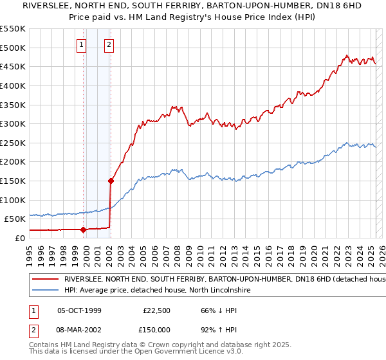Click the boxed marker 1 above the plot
tap(82, 45)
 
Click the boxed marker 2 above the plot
tap(109, 45)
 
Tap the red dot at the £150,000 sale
tap(111, 181)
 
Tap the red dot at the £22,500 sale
tap(84, 230)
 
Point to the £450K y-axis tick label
tap(13, 66)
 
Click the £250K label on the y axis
tap(13, 143)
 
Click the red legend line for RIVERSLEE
tap(45, 280)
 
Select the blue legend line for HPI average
tap(45, 291)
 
